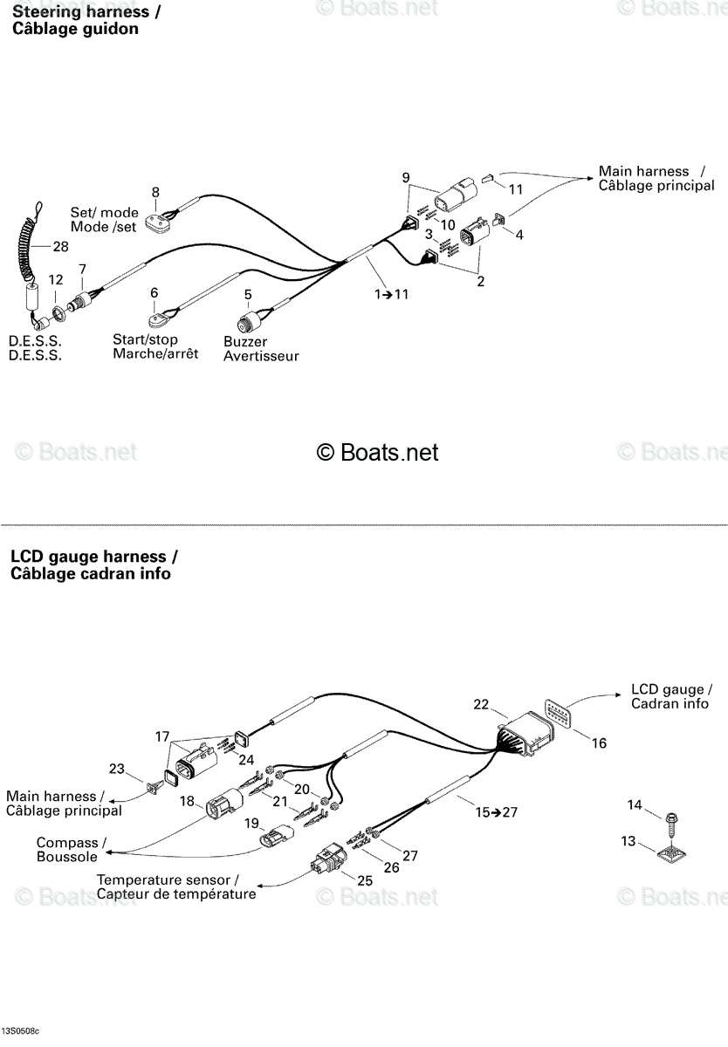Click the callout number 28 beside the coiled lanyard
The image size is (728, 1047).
[x=61, y=246]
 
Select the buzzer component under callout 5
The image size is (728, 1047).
[x=247, y=321]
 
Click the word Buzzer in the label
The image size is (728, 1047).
[x=245, y=342]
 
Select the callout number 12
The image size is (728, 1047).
[x=56, y=279]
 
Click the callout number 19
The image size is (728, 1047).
[x=251, y=823]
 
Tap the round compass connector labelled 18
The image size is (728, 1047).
[x=224, y=804]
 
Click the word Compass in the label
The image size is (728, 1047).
[x=67, y=842]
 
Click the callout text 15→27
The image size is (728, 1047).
[x=497, y=812]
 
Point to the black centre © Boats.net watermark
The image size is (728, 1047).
[x=377, y=452]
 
